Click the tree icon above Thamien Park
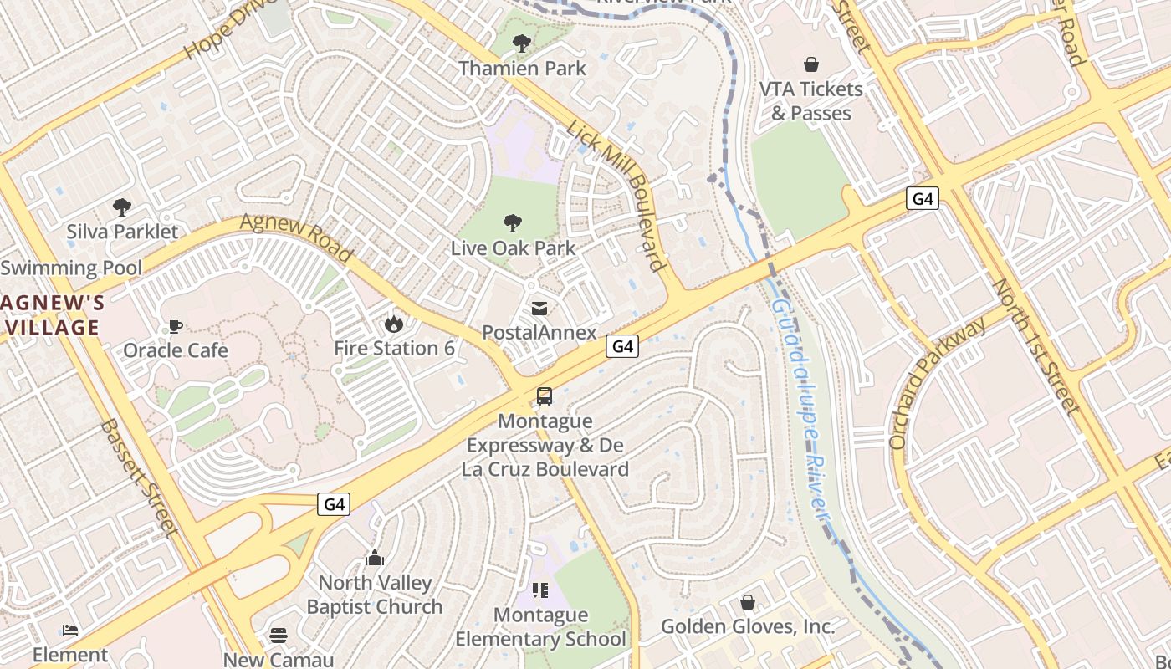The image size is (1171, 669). point(522,43)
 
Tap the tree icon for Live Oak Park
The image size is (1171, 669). point(513,222)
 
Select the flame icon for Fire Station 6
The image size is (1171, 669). point(394,323)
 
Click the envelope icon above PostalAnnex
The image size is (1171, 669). point(539,309)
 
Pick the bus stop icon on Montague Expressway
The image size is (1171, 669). point(545,396)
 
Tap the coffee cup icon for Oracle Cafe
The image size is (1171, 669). point(176,325)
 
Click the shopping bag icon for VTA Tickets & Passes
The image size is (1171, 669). point(810,64)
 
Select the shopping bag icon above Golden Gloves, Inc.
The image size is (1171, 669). point(748,602)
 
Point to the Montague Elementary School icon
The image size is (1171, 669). point(540,590)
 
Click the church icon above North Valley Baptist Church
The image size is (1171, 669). point(374,558)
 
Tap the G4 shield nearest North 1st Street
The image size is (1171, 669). point(922,198)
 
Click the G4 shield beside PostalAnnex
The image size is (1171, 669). point(622,346)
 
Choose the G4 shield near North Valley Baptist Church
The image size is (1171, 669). point(334,504)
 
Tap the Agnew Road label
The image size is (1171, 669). point(296,237)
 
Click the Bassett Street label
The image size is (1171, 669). point(139,477)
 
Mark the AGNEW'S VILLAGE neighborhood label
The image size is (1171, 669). point(52,314)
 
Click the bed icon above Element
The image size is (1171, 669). point(70,630)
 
